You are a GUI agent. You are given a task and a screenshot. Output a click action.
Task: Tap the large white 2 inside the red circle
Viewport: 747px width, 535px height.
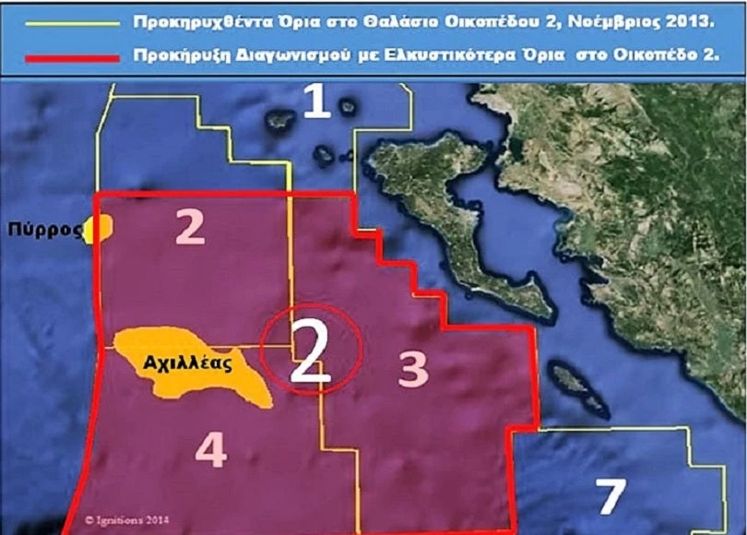pos(310,351)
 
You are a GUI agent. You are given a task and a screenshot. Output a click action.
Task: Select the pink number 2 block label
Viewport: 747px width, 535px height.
pos(191,230)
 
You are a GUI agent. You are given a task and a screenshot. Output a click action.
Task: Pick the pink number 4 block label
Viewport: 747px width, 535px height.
pos(211,449)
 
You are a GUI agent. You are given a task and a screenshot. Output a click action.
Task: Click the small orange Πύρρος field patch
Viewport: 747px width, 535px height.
pos(98,229)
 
